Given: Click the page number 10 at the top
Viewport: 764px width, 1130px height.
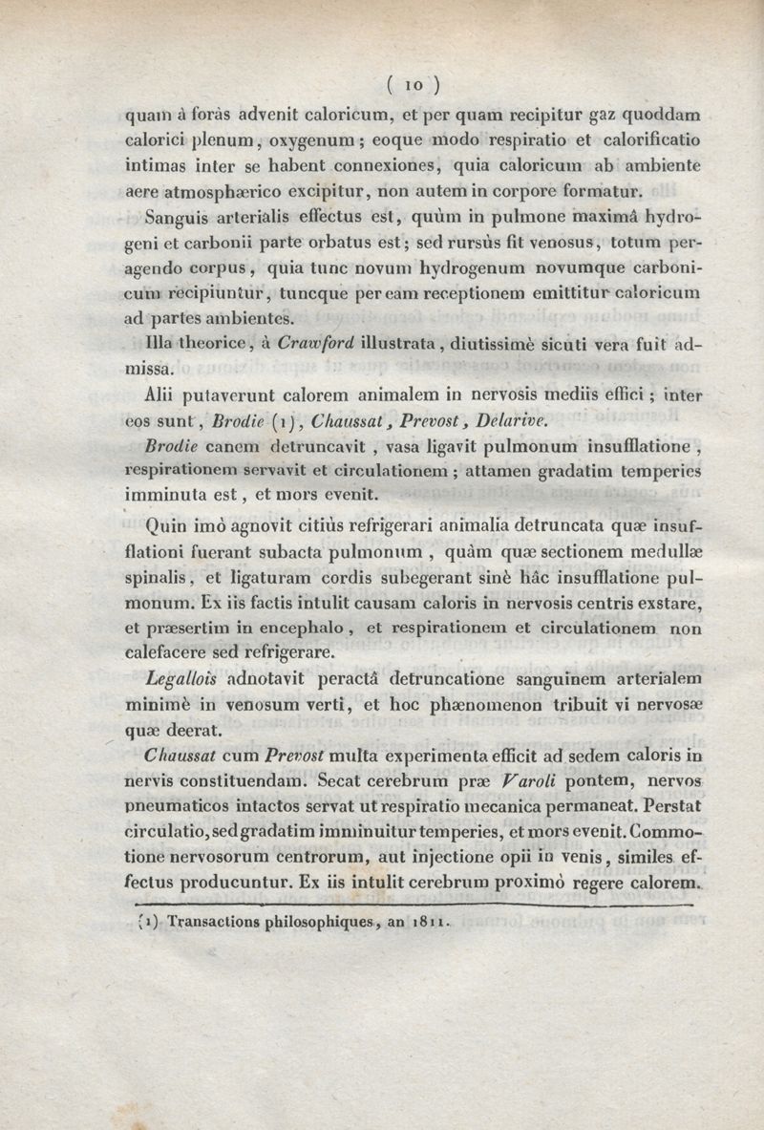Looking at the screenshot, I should [414, 84].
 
